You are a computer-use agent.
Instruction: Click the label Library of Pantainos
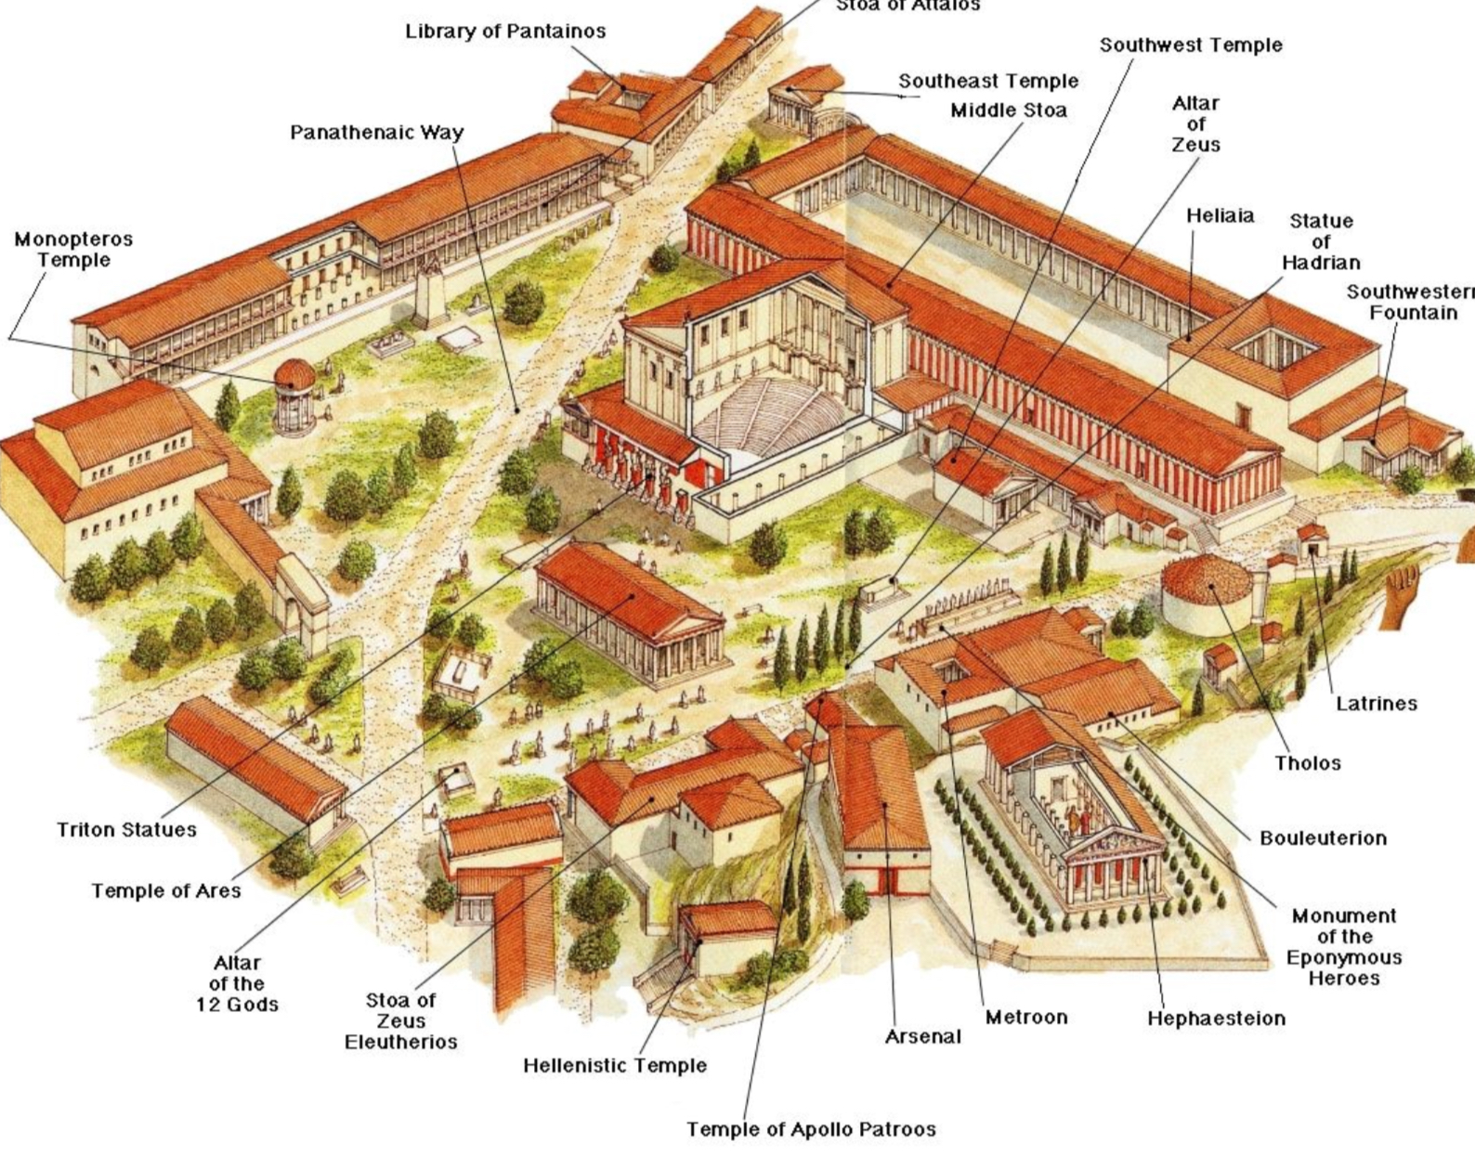tap(504, 32)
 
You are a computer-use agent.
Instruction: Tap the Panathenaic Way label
tap(376, 133)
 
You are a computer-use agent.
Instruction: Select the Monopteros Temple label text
tap(73, 250)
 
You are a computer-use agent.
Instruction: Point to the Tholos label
tap(1308, 763)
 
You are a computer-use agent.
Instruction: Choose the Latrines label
tap(1376, 704)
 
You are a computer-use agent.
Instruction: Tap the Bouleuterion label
tap(1323, 838)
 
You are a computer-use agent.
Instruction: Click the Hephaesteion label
tap(1216, 1019)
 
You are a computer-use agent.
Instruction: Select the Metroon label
tap(1026, 1018)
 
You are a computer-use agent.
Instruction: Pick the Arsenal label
tap(922, 1036)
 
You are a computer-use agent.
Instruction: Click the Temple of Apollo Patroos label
tap(811, 1130)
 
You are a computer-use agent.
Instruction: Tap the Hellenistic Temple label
tap(615, 1066)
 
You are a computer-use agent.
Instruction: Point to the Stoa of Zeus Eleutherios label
tap(400, 1020)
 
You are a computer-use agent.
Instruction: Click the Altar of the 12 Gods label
tap(237, 983)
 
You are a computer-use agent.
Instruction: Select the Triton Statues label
tap(126, 830)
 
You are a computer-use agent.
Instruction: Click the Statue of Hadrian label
tap(1321, 241)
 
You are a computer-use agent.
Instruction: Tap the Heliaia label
tap(1220, 216)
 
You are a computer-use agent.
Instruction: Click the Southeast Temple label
tap(988, 82)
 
